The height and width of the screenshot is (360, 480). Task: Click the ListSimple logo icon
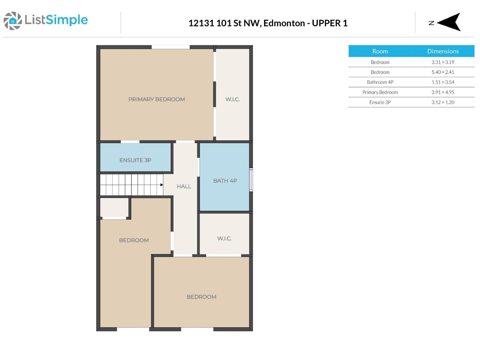click(13, 21)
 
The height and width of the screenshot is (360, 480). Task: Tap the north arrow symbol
click(449, 22)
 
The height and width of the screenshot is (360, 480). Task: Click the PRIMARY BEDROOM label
click(156, 99)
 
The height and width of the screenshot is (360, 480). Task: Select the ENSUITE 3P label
click(135, 160)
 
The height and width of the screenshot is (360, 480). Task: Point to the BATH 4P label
click(225, 181)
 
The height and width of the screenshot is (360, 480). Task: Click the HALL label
click(184, 186)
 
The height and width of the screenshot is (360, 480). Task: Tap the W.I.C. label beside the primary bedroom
click(232, 99)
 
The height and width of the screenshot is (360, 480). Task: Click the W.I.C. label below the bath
click(224, 238)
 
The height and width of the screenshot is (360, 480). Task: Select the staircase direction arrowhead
click(162, 185)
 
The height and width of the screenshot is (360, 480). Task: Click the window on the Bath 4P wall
click(251, 179)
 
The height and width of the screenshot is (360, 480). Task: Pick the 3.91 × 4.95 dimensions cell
click(442, 92)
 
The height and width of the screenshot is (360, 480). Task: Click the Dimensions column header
click(442, 51)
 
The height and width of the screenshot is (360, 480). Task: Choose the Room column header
click(380, 51)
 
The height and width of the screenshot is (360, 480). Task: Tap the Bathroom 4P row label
click(380, 82)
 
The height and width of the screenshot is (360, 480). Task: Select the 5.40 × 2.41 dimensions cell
click(442, 72)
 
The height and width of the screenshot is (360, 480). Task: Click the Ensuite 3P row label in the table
click(380, 102)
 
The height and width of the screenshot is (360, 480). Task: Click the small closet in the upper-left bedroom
click(114, 207)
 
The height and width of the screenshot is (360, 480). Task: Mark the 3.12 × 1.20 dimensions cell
click(442, 102)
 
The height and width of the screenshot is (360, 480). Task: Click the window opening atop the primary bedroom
click(170, 47)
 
